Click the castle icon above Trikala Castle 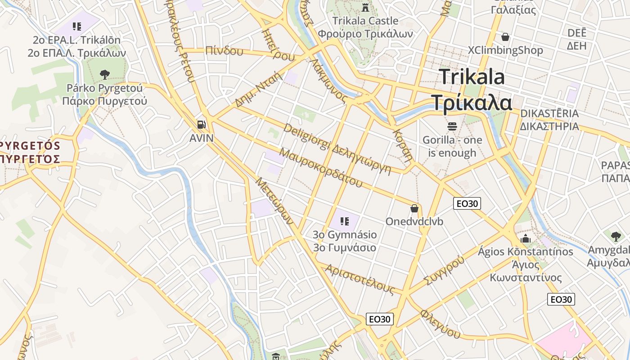(x=365, y=8)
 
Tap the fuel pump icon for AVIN (x=202, y=124)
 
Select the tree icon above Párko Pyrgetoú (x=105, y=74)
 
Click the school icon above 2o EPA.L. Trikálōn (x=76, y=27)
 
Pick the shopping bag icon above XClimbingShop (x=505, y=36)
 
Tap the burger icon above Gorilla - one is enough (x=452, y=126)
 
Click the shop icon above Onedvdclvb (x=414, y=208)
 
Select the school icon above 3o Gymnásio (x=345, y=221)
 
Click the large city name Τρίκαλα (x=472, y=103)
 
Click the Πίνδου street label (x=224, y=51)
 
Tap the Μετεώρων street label (x=274, y=201)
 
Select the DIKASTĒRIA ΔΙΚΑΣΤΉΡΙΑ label (x=549, y=120)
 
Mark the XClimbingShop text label (x=505, y=50)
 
